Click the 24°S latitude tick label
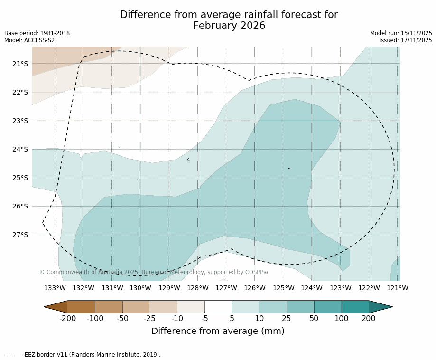pos(20,149)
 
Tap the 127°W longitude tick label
pos(226,288)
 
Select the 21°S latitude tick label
pos(20,64)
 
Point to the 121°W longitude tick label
pos(397,288)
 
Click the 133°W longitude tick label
pos(55,288)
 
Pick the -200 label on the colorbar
pos(68,319)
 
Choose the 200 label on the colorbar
pos(369,319)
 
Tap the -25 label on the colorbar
pos(150,319)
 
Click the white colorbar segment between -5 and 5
pos(218,307)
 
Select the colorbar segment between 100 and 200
pos(355,307)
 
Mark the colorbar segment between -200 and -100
pos(82,307)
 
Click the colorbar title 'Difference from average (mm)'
pos(218,331)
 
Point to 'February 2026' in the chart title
pos(229,26)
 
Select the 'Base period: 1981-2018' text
pos(37,33)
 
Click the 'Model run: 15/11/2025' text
pos(401,33)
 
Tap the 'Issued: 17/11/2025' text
pos(406,40)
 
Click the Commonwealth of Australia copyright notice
pos(154,272)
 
